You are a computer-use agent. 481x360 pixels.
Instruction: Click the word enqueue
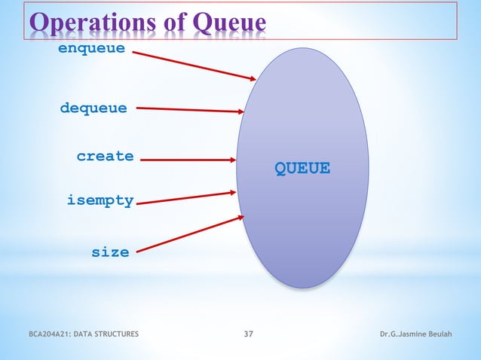[91, 49]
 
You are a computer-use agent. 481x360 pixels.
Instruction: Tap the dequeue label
[93, 108]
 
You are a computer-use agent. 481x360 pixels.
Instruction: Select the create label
[105, 157]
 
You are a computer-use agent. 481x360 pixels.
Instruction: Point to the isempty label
[100, 200]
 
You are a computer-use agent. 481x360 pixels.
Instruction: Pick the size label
[110, 252]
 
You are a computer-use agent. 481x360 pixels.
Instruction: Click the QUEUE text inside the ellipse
[302, 168]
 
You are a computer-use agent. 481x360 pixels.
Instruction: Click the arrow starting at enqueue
[195, 65]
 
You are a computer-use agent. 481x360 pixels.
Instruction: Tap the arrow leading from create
[188, 160]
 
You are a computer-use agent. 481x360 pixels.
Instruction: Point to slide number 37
[250, 334]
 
